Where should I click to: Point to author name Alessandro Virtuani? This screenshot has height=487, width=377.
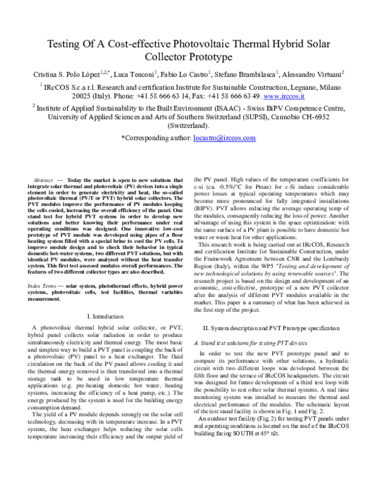click(307, 75)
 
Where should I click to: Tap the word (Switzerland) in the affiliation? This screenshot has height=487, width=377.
click(188, 125)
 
